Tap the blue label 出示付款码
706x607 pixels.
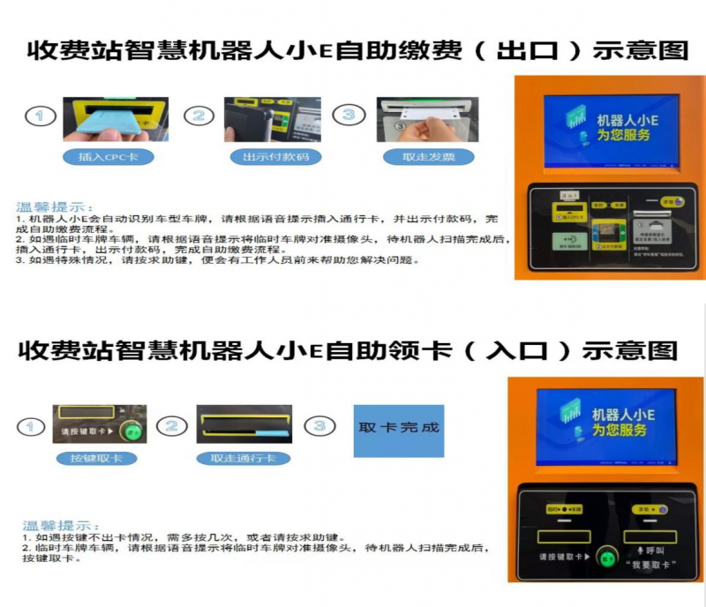point(263,157)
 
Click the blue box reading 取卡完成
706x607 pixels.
point(399,430)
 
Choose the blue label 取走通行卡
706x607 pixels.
point(243,459)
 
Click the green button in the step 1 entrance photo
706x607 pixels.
point(132,432)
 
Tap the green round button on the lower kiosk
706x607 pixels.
point(607,558)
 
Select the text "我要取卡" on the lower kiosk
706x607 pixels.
point(649,565)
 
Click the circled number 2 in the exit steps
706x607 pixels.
point(199,116)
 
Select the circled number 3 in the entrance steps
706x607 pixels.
point(319,427)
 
